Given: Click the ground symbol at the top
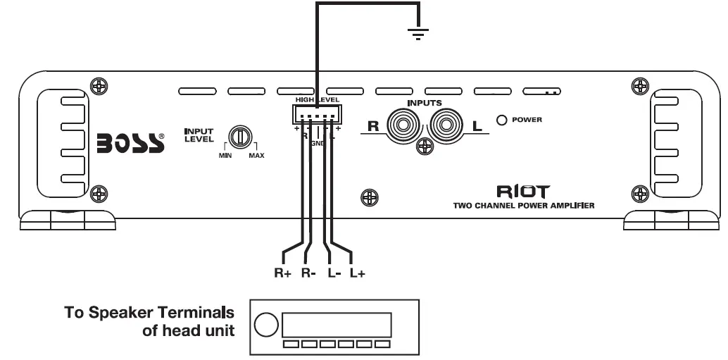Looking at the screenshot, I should [419, 32].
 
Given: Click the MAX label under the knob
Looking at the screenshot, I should [256, 154].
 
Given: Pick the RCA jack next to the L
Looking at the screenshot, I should [446, 127].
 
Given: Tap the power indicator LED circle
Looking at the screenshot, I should [502, 120].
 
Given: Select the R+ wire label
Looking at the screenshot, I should [284, 273].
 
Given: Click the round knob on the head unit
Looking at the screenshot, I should [266, 325].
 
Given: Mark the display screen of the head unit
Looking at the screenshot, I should [336, 325].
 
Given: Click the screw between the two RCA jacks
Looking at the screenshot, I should [424, 146].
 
